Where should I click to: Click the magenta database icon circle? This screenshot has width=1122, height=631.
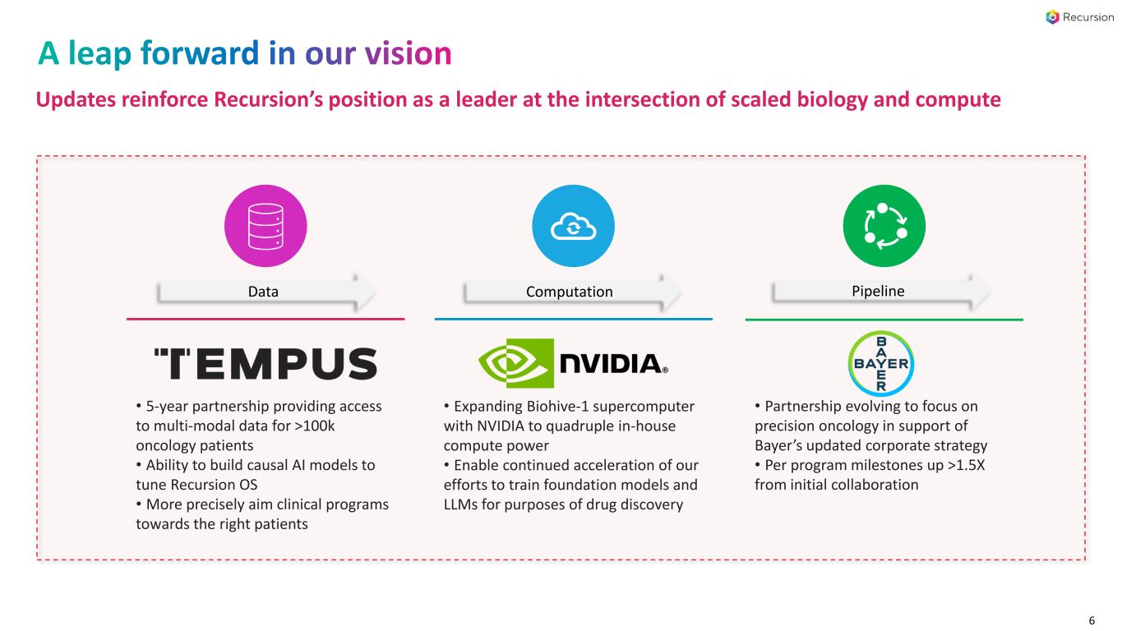click(x=265, y=226)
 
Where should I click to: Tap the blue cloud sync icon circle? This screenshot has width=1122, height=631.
click(x=573, y=226)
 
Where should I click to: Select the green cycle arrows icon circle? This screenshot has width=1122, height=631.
click(x=884, y=226)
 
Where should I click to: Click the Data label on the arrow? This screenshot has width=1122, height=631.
click(x=264, y=292)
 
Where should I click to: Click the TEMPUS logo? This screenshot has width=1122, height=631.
click(x=265, y=363)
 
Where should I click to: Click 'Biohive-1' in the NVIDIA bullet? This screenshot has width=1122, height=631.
click(x=547, y=407)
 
